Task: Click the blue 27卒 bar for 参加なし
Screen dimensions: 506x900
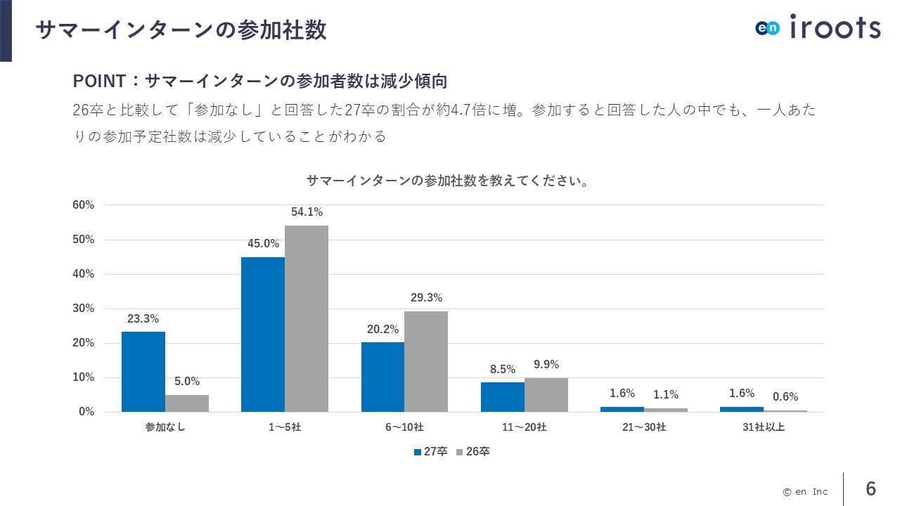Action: point(143,372)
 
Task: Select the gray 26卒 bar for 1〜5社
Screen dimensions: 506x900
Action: point(307,318)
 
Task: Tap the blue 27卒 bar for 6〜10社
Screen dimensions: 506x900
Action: point(382,377)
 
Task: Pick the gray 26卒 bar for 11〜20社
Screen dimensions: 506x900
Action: point(546,395)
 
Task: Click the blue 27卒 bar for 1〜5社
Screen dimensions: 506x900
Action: point(263,335)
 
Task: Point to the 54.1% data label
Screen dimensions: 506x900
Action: point(307,212)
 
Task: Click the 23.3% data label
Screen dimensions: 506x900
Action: point(143,318)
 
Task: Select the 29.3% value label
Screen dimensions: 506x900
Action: point(426,298)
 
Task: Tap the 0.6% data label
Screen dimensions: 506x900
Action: point(785,397)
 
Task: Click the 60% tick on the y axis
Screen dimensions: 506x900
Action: point(84,205)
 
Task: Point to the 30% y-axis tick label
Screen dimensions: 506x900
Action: point(84,309)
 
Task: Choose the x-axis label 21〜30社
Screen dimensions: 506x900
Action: point(644,427)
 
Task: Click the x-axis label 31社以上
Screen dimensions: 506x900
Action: point(764,427)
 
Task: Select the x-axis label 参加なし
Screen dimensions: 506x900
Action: point(165,427)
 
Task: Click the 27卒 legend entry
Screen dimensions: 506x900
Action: point(431,452)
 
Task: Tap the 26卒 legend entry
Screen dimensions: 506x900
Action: point(473,452)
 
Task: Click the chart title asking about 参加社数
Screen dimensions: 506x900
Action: point(448,181)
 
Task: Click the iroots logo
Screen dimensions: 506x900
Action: point(818,27)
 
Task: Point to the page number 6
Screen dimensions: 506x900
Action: point(871,488)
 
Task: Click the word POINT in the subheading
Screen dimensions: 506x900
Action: point(99,82)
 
